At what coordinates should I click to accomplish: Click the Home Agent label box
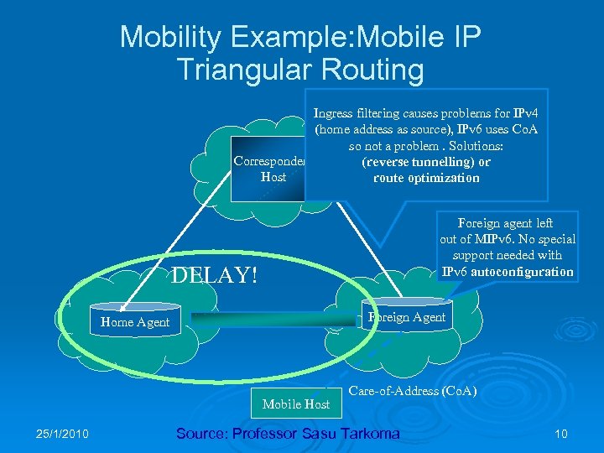[x=134, y=322]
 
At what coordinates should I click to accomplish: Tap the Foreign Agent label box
[x=406, y=316]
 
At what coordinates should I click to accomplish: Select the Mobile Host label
[x=295, y=404]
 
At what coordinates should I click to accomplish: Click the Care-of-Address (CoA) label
[x=412, y=391]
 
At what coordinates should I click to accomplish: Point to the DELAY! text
[x=214, y=275]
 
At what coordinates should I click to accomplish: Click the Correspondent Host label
[x=268, y=169]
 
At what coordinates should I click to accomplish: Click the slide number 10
[x=561, y=434]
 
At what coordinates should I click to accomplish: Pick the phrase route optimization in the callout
[x=427, y=178]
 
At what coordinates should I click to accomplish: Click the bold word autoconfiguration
[x=521, y=272]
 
